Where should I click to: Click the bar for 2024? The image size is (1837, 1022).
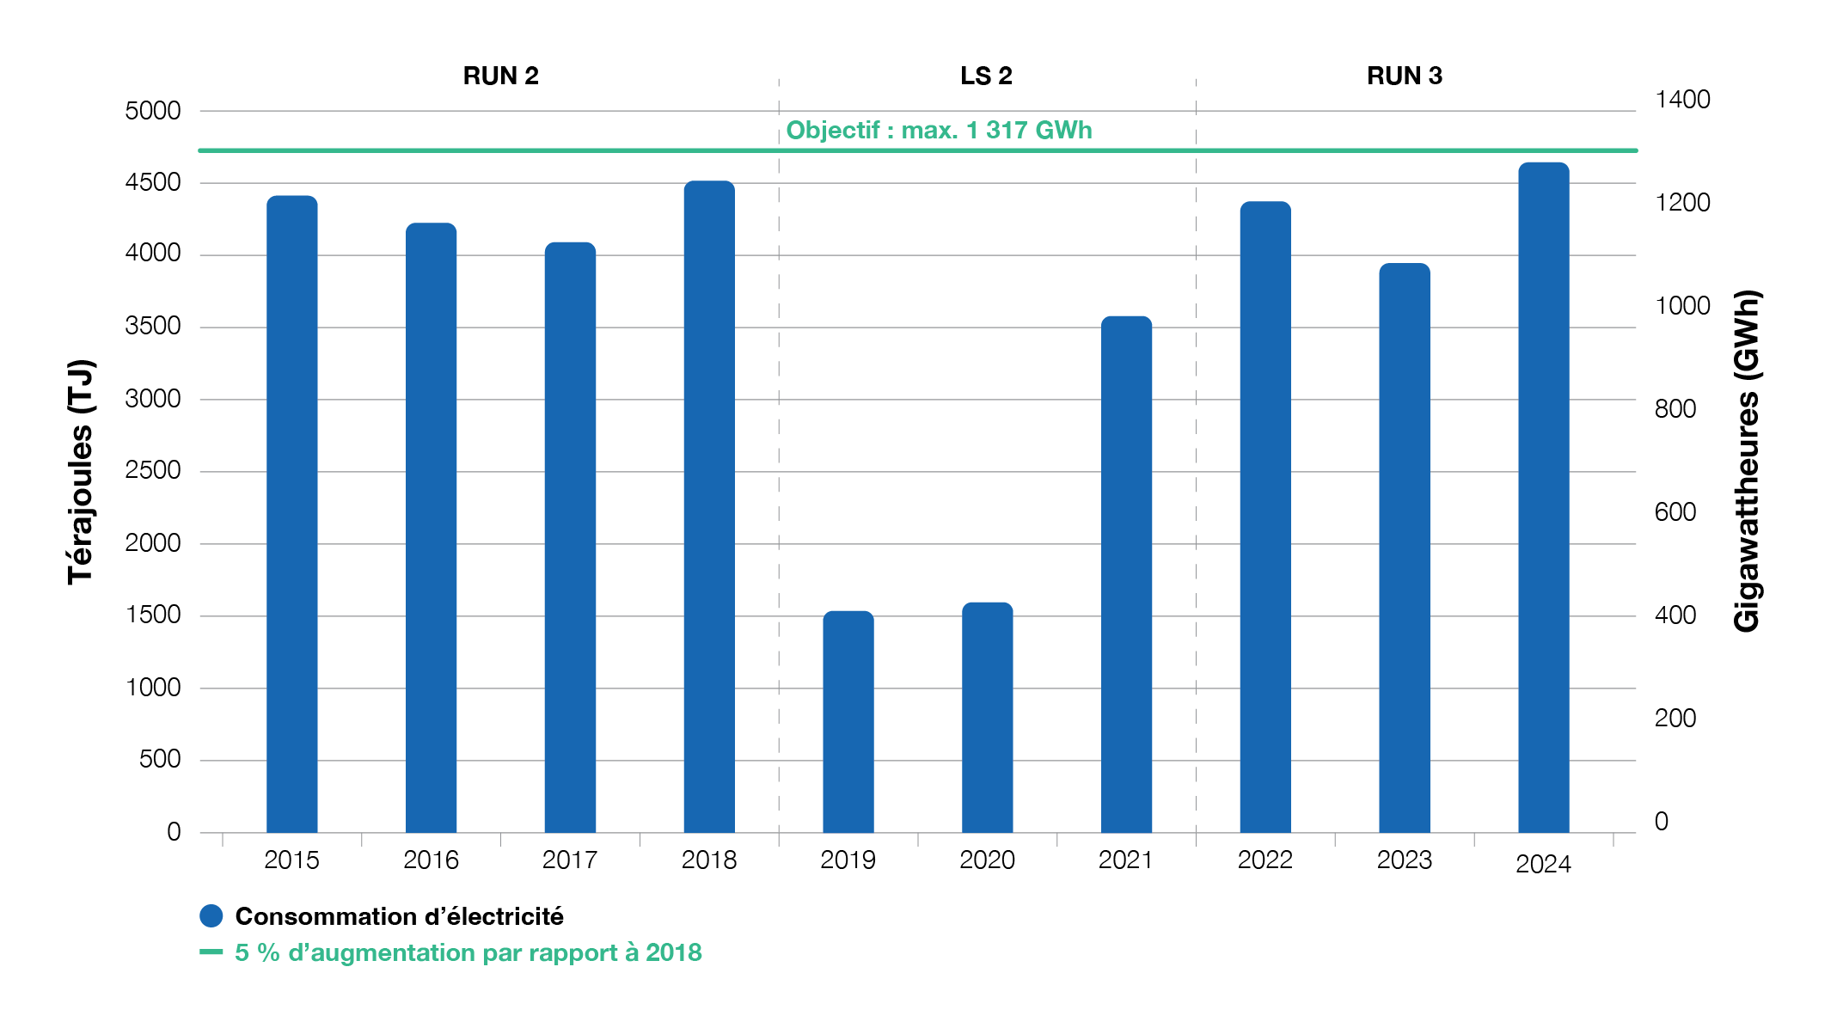coord(1543,499)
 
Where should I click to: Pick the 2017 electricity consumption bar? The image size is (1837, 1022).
coord(570,537)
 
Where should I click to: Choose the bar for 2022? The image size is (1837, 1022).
coord(1265,517)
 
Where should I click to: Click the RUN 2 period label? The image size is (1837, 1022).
coord(500,76)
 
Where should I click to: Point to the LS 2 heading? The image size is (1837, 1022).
coord(986,76)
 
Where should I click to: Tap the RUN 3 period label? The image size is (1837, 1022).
coord(1404,76)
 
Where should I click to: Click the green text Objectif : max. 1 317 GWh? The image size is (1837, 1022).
coord(939,130)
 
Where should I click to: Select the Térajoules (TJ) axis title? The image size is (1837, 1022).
coord(80,472)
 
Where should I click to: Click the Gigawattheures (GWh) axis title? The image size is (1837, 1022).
coord(1747,462)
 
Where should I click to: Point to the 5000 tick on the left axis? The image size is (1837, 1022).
coord(153,111)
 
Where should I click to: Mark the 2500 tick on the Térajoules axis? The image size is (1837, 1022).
coord(153,470)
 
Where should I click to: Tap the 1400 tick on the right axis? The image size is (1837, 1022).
coord(1682,100)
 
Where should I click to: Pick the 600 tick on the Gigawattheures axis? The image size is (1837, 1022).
coord(1675,512)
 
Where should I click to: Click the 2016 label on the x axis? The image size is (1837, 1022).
coord(431,860)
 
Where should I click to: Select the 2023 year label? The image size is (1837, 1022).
coord(1404,860)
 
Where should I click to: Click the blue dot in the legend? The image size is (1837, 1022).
coord(211,916)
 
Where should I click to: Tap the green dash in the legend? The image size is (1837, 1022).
coord(211,952)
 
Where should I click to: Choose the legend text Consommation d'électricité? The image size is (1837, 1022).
coord(400,916)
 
